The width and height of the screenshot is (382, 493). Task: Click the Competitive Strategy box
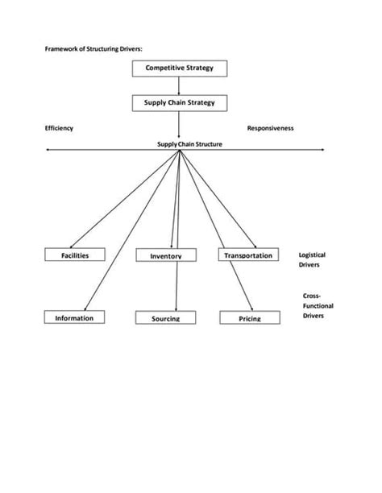point(179,68)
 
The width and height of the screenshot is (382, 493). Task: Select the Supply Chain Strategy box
point(179,103)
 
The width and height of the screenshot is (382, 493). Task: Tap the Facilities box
point(75,255)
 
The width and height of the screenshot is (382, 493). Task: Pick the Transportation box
point(247,255)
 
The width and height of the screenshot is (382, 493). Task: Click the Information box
point(74,317)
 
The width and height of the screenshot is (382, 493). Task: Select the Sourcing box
point(165,318)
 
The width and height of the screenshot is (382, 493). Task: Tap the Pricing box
point(250,318)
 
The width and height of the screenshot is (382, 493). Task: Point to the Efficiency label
point(59,128)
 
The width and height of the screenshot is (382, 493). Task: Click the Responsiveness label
point(270,128)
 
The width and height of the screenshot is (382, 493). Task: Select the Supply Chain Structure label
point(189,144)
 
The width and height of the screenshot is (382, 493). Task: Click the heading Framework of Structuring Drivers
point(93,48)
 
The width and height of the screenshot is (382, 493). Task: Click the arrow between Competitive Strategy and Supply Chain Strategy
point(179,86)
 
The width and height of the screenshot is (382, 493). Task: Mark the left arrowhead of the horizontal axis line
point(50,149)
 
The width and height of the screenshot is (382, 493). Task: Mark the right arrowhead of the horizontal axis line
point(322,149)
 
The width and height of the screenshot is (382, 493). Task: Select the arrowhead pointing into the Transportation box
point(254,246)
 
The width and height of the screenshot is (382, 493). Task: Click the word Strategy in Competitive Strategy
point(198,68)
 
